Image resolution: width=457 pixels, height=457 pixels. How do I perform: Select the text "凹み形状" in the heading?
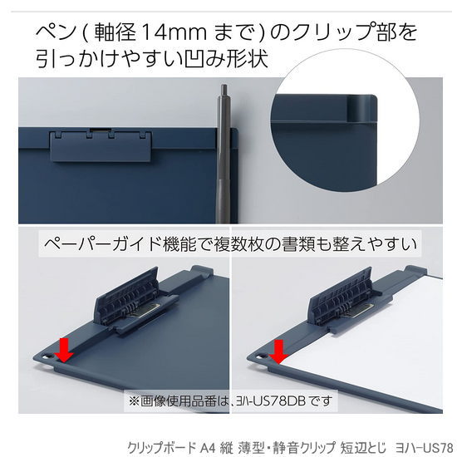(227, 58)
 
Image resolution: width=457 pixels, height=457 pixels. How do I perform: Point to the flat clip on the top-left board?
(101, 146)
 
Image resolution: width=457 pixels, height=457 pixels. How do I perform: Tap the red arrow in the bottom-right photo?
(278, 351)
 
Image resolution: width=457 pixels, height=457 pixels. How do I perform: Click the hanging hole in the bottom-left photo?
(47, 356)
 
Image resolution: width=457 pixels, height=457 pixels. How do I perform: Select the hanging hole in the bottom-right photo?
(261, 356)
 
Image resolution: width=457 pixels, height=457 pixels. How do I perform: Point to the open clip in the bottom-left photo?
(135, 302)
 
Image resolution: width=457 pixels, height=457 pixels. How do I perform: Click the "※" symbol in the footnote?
(134, 401)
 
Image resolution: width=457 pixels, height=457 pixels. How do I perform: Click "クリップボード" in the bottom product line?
(161, 448)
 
